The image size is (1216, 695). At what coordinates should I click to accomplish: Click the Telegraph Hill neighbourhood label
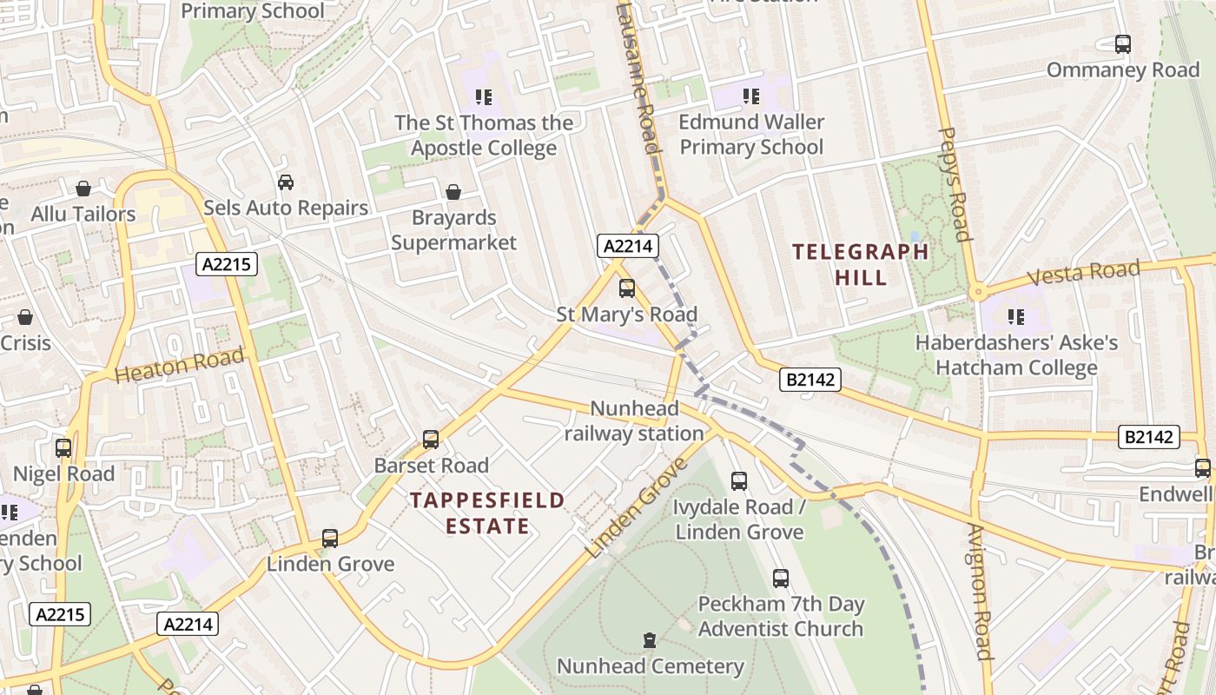860,265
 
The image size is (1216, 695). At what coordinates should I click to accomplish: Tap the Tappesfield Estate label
487,513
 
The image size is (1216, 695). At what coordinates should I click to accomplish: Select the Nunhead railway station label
634,420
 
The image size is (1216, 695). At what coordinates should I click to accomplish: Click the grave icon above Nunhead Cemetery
649,641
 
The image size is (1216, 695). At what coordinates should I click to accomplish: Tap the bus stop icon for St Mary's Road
626,288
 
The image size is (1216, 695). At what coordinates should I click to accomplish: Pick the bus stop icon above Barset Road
431,440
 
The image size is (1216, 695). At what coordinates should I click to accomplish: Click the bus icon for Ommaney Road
1123,44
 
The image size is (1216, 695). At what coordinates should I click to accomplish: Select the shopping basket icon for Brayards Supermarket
453,192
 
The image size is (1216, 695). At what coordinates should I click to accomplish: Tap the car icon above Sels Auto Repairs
286,182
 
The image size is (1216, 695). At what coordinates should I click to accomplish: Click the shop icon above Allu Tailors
83,189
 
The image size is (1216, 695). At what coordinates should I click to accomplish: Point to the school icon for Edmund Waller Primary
751,96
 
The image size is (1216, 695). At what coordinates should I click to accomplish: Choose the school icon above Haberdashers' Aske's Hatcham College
1016,317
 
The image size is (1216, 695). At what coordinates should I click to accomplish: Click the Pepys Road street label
954,184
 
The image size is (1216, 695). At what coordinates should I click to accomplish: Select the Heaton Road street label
180,366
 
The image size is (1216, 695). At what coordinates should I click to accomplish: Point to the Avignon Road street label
979,592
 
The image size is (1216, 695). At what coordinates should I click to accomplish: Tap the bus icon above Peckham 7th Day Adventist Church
781,579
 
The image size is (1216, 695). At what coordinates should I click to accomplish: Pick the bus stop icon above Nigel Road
63,448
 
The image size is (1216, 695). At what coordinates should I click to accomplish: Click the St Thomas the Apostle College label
484,136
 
